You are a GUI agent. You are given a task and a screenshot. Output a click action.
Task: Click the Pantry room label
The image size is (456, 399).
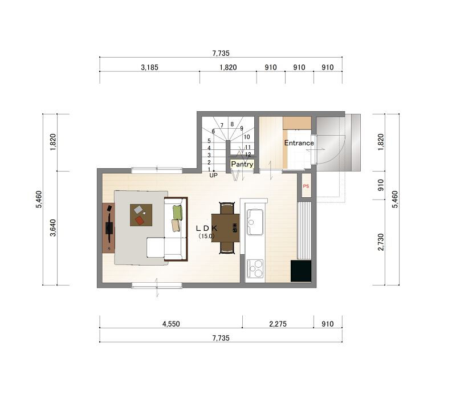(x=242, y=164)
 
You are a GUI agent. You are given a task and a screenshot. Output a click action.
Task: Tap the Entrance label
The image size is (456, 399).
(x=299, y=143)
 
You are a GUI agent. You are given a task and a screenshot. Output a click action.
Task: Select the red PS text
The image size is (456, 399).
(x=306, y=186)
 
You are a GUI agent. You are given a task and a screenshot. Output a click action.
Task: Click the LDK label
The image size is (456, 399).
(x=206, y=229)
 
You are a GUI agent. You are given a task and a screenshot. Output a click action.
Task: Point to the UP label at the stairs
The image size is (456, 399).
(x=213, y=176)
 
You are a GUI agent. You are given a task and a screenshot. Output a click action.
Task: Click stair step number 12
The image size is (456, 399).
(x=248, y=154)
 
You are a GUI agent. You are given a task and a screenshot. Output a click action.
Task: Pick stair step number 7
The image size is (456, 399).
(x=222, y=125)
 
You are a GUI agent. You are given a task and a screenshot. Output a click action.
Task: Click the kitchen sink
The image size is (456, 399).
(x=255, y=222)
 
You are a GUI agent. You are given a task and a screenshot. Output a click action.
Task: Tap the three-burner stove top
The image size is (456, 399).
(x=255, y=268)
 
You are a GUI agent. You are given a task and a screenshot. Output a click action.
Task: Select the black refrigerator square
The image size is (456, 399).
(x=301, y=271)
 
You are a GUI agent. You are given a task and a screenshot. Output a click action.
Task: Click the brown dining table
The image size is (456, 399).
(x=226, y=228)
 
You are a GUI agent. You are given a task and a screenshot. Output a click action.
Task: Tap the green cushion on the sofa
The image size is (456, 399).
(x=178, y=212)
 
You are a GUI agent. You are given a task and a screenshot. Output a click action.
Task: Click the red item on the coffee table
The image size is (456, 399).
(x=140, y=221)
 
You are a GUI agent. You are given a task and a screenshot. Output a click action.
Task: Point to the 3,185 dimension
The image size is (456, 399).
(x=149, y=67)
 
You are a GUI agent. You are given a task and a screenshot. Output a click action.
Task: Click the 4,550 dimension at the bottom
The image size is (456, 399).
(x=171, y=324)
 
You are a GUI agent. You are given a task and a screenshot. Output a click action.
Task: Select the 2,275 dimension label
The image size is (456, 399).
(x=278, y=324)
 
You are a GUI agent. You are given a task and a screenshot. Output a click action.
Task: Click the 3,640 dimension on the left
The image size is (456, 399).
(x=53, y=227)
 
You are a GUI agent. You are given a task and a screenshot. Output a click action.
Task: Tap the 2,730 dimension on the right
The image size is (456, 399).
(x=381, y=242)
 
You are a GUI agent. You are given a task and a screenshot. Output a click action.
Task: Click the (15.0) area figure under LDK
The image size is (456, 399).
(x=206, y=236)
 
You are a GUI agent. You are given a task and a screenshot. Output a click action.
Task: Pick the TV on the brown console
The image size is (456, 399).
(x=109, y=228)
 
